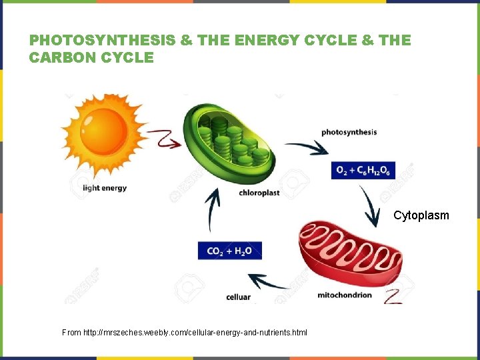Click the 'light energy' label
pyautogui.click(x=105, y=188)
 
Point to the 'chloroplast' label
pyautogui.click(x=259, y=193)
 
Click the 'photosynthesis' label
pyautogui.click(x=349, y=132)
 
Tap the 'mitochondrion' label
pyautogui.click(x=345, y=295)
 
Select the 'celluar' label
pyautogui.click(x=239, y=297)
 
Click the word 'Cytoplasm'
pyautogui.click(x=421, y=215)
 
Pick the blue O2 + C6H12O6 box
pyautogui.click(x=364, y=171)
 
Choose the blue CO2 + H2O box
pyautogui.click(x=229, y=251)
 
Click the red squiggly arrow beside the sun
pyautogui.click(x=164, y=139)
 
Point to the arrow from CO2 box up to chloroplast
pyautogui.click(x=213, y=209)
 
